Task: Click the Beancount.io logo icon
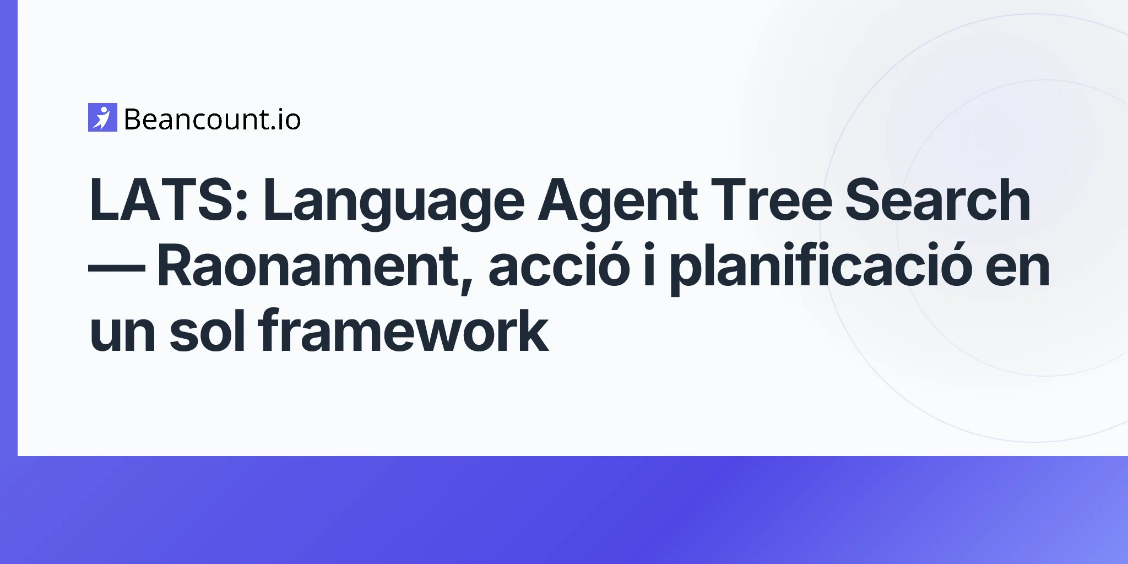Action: [x=102, y=117]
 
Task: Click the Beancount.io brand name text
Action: [x=213, y=120]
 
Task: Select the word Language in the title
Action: [x=393, y=204]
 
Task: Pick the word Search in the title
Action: [x=937, y=200]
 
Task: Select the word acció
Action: [x=558, y=265]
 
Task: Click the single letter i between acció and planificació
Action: [x=649, y=265]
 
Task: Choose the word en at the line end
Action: [x=1018, y=270]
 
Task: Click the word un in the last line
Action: [x=123, y=335]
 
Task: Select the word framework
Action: [x=403, y=330]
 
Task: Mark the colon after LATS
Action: [x=242, y=205]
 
